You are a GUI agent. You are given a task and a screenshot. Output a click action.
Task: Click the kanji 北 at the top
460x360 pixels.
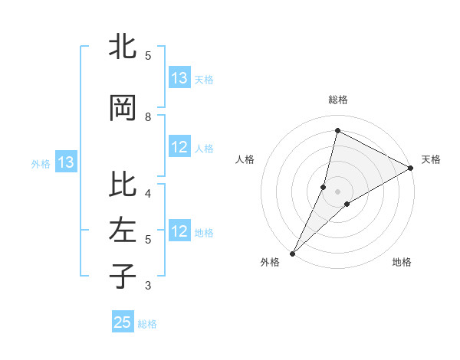pos(123,47)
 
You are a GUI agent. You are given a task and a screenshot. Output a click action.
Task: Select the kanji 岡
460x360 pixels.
pos(123,108)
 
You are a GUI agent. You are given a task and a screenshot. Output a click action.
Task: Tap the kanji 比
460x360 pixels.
pos(123,185)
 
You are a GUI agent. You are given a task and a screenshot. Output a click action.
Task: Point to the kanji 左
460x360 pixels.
pos(123,231)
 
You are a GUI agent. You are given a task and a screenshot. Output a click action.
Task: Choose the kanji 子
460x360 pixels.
pos(123,276)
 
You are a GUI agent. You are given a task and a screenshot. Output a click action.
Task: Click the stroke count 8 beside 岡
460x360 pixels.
pos(148,117)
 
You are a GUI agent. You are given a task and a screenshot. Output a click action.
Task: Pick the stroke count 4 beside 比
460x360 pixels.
pos(148,193)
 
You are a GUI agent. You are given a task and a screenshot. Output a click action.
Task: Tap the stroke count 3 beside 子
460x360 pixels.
pos(148,286)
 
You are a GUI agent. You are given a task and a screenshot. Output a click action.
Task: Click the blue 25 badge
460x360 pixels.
pos(123,322)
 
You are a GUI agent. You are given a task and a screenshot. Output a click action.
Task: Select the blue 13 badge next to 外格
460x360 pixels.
pos(66,162)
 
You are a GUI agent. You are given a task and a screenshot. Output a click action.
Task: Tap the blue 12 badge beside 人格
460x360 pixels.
pos(179,148)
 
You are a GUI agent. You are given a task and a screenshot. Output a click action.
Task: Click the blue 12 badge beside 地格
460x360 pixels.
pos(179,232)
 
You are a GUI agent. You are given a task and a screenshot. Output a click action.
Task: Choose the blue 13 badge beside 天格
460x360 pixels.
pos(179,78)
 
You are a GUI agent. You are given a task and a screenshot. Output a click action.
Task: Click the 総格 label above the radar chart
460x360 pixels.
pos(338,100)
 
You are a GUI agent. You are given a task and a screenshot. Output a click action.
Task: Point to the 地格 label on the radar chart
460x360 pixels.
pos(402,263)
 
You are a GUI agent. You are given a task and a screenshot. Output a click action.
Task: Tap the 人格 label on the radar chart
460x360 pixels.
pos(245,159)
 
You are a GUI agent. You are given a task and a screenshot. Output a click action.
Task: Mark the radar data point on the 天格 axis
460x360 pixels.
pos(411,168)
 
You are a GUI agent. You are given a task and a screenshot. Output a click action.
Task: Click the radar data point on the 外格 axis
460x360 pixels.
pos(292,253)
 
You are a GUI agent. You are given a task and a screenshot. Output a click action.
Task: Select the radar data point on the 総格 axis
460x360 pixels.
pos(337,130)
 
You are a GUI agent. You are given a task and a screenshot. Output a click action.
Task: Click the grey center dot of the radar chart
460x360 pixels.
pos(337,191)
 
